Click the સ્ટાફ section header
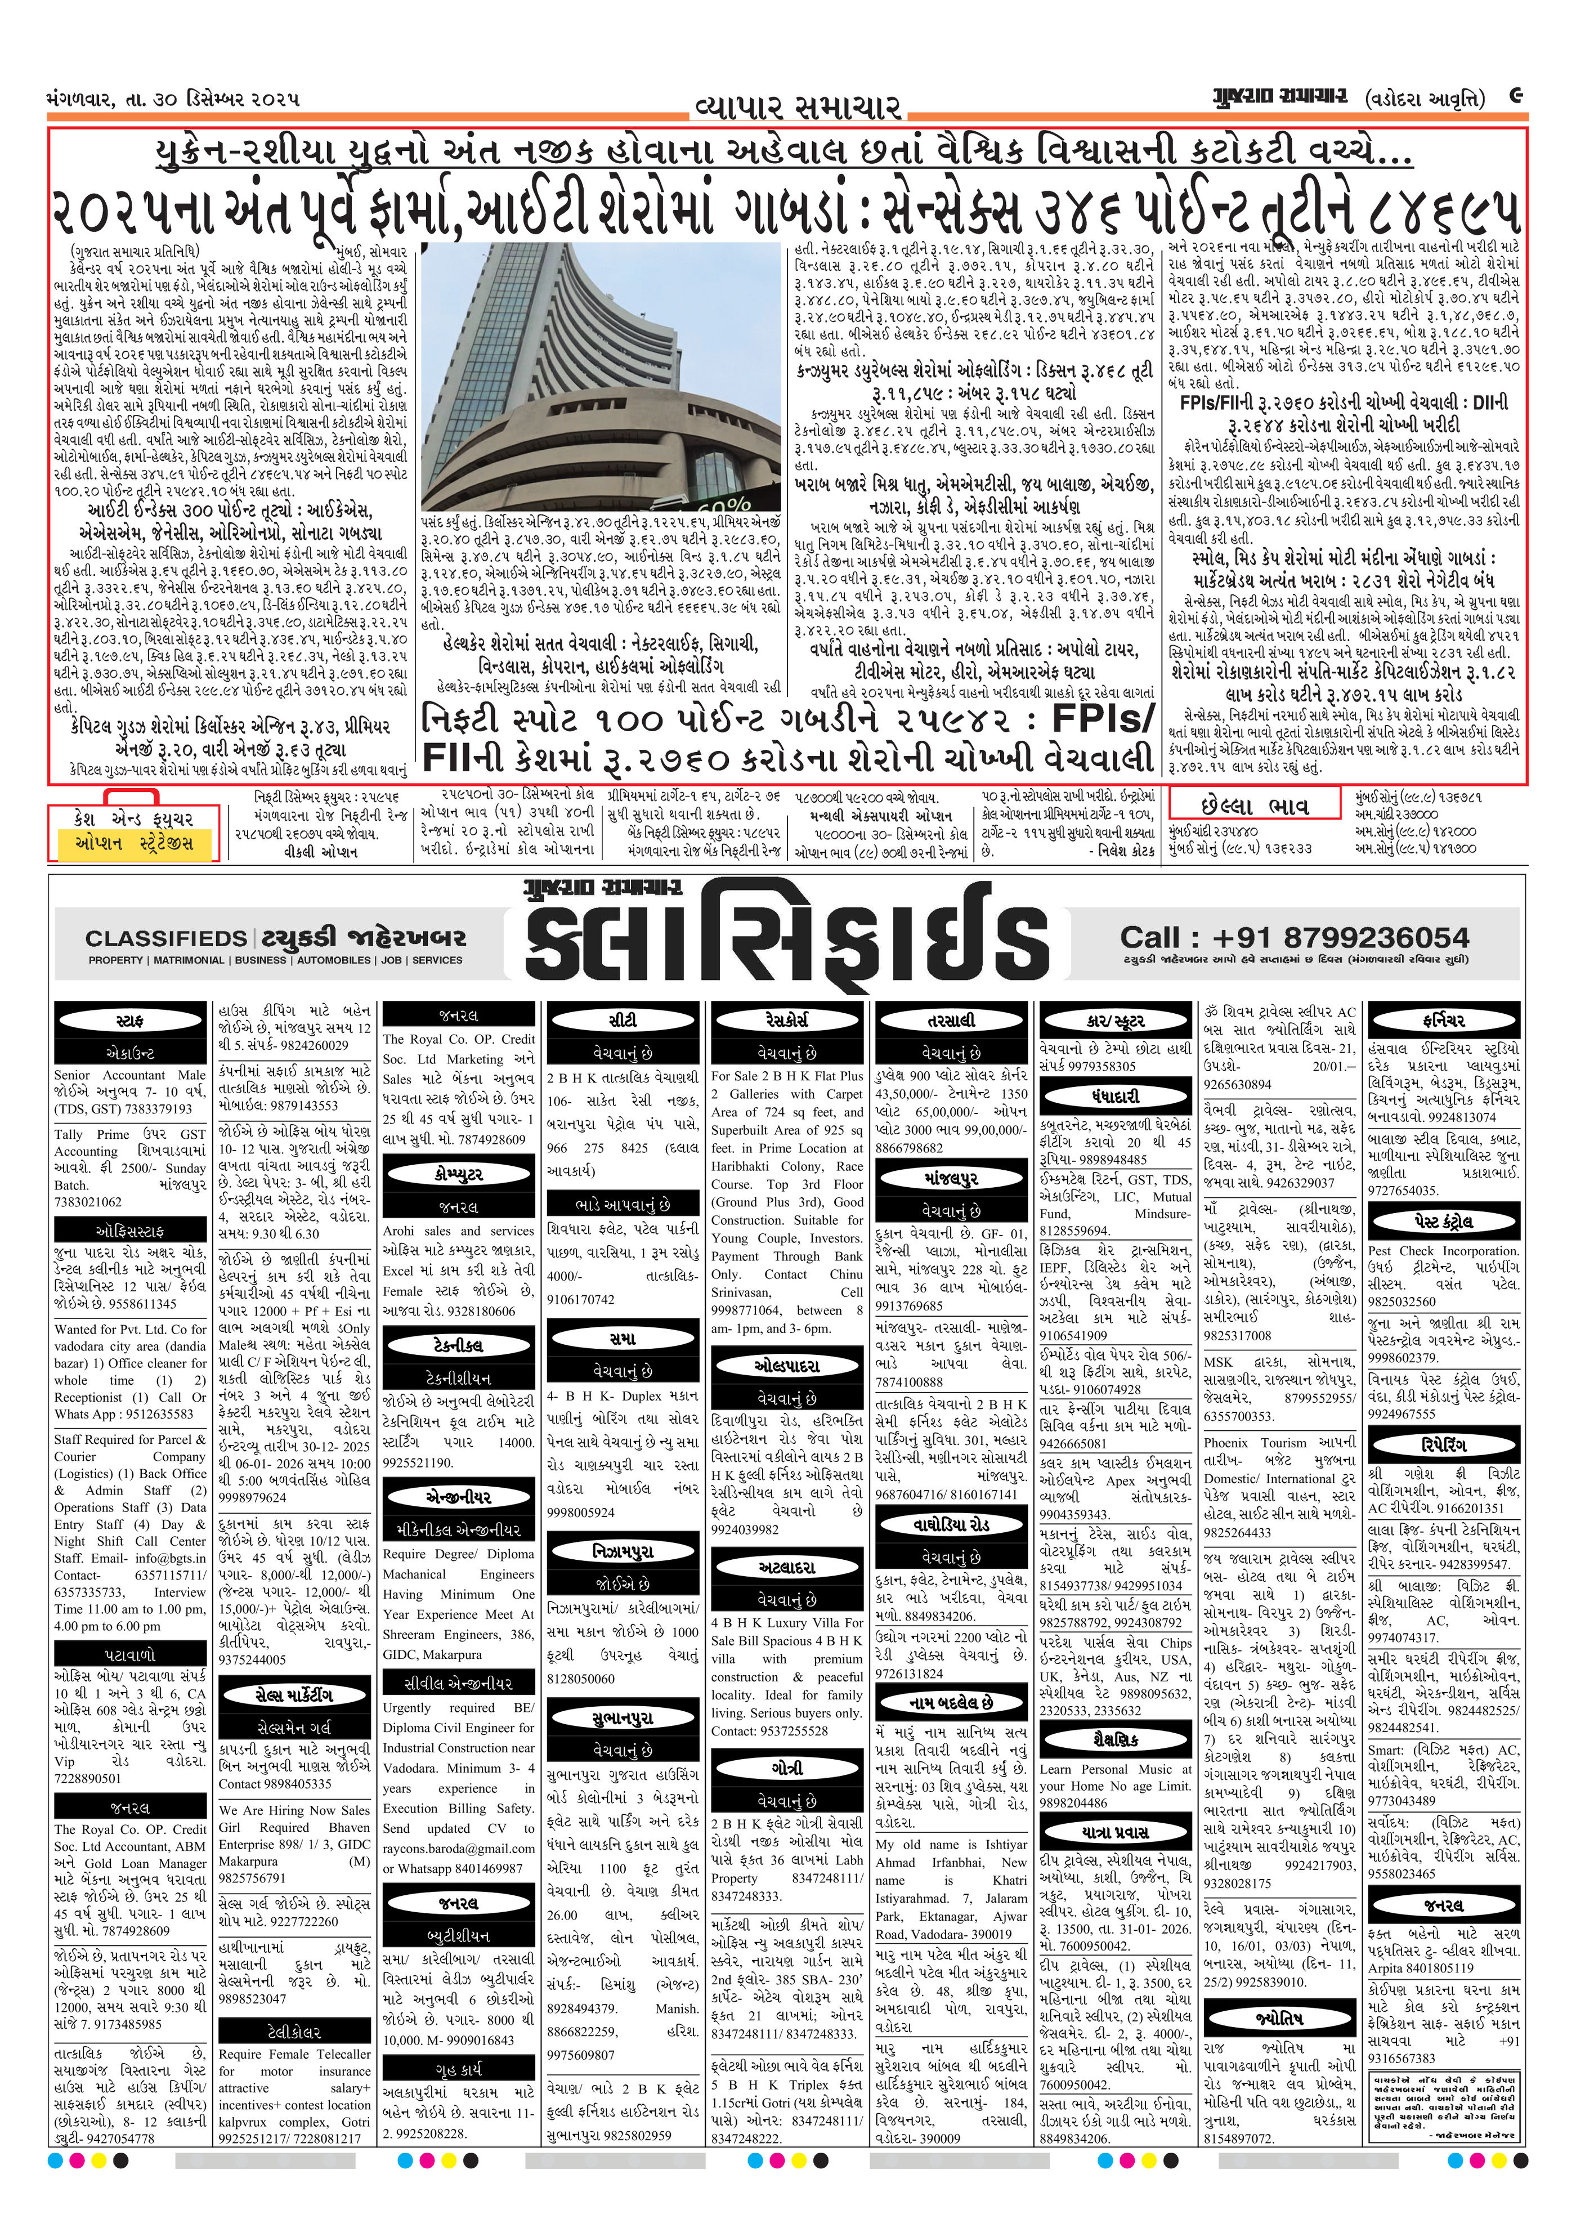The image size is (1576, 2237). [129, 1020]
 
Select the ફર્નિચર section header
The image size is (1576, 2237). [1444, 1020]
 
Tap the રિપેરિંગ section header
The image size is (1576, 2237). [1444, 1444]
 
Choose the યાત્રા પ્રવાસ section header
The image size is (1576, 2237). [1115, 1832]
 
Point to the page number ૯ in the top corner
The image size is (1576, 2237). [1516, 96]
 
